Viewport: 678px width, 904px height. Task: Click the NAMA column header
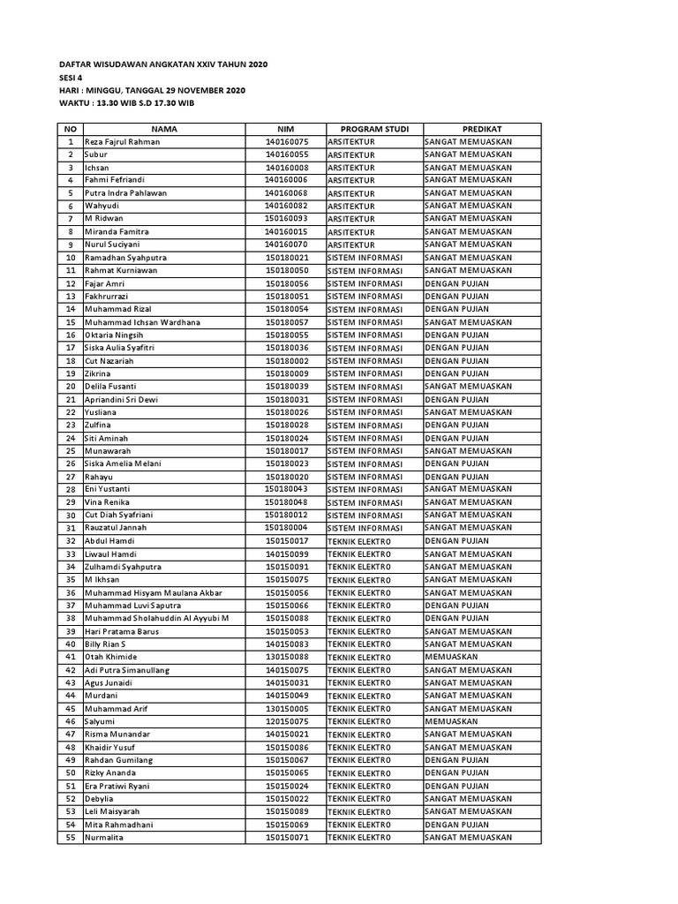point(164,129)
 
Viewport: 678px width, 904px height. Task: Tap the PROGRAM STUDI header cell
point(374,129)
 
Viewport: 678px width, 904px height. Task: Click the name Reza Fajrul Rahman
point(122,141)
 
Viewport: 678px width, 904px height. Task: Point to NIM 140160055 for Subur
point(287,154)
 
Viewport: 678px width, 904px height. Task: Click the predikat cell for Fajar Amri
point(457,283)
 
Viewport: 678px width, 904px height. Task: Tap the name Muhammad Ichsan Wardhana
point(142,322)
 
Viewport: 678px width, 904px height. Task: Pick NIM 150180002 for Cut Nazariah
point(287,361)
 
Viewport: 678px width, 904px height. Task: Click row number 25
point(71,451)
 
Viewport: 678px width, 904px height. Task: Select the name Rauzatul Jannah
point(115,528)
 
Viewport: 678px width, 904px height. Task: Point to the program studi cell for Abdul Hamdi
point(358,541)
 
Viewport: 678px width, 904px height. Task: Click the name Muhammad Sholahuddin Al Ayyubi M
point(156,618)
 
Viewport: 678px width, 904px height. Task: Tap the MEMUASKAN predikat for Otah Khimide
point(451,657)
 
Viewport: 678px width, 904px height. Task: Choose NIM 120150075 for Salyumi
point(287,721)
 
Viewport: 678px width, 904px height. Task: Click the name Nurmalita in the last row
point(104,837)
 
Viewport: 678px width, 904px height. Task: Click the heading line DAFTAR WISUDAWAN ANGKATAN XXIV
point(162,64)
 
